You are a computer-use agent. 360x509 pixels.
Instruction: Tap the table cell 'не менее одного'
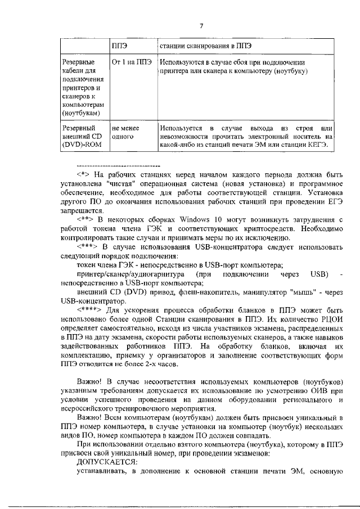click(x=126, y=132)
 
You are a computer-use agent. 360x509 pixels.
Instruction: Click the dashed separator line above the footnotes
click(x=118, y=166)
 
